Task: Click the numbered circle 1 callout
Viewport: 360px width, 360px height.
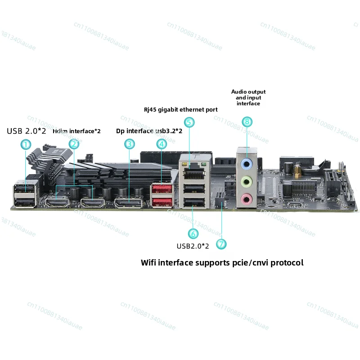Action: pyautogui.click(x=26, y=144)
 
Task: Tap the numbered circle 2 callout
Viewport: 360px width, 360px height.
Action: pyautogui.click(x=74, y=144)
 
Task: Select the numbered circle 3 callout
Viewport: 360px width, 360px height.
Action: pyautogui.click(x=130, y=144)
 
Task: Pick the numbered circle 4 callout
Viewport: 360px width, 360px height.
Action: pyautogui.click(x=162, y=144)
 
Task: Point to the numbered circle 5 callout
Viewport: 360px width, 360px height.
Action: pyautogui.click(x=189, y=122)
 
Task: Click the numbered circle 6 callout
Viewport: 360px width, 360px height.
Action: pyautogui.click(x=193, y=234)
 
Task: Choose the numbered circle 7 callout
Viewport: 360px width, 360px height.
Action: pyautogui.click(x=221, y=244)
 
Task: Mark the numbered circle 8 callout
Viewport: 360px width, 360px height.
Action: pyautogui.click(x=247, y=121)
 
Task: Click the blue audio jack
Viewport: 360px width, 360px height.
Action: pyautogui.click(x=247, y=164)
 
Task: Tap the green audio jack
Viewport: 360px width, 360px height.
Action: pyautogui.click(x=247, y=182)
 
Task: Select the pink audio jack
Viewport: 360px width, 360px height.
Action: pyautogui.click(x=246, y=199)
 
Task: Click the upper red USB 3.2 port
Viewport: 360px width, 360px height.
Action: pyautogui.click(x=162, y=189)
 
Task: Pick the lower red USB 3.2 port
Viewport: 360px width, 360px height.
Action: pyautogui.click(x=162, y=202)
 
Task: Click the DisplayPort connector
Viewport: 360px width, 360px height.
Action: pyautogui.click(x=128, y=203)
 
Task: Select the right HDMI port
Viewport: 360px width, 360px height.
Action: pyautogui.click(x=93, y=202)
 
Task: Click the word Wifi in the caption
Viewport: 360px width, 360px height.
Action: pyautogui.click(x=148, y=262)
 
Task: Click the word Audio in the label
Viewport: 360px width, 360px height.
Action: pyautogui.click(x=238, y=92)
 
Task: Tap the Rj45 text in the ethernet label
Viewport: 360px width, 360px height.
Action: pyautogui.click(x=150, y=110)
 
